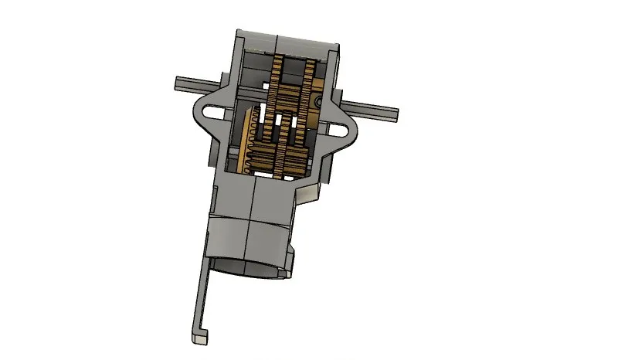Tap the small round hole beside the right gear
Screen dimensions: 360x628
tap(320, 101)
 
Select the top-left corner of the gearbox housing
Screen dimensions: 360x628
tap(236, 32)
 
